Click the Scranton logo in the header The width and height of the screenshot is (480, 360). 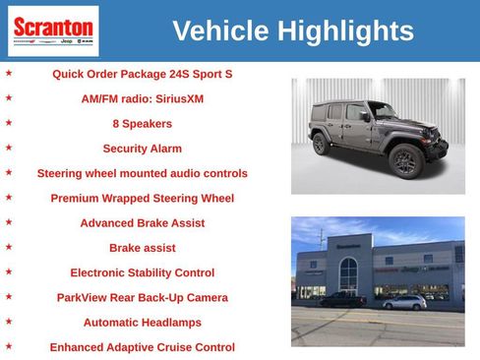pos(53,30)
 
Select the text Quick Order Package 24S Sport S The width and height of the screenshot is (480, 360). pos(143,74)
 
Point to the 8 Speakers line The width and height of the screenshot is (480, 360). pos(143,124)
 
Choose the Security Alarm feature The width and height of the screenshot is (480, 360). pos(143,149)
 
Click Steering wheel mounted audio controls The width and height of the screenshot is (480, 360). pos(143,173)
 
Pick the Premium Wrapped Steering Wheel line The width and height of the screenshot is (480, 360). pos(143,198)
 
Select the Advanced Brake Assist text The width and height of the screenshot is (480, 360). pos(143,223)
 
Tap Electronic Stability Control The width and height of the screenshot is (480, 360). pos(143,272)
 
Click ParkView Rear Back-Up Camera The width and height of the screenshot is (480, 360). pos(143,297)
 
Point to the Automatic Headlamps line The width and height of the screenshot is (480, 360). pos(143,323)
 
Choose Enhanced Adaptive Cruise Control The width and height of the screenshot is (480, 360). pos(143,347)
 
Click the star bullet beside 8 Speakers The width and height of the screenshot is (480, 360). pos(9,123)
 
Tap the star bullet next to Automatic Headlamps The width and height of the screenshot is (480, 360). pos(9,322)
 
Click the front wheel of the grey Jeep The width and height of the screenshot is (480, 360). pos(404,158)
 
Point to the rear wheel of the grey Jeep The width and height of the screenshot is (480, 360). pos(320,144)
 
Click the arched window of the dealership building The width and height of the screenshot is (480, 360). pos(348,273)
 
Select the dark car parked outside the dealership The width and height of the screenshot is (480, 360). pos(342,299)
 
